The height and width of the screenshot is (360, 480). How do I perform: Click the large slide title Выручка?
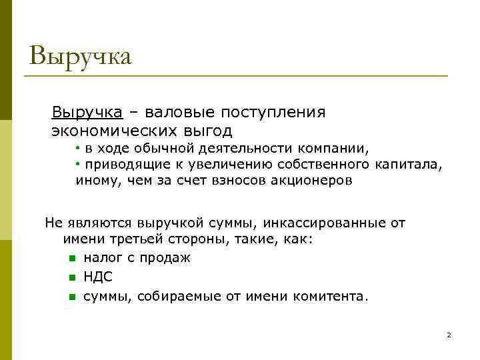(x=81, y=55)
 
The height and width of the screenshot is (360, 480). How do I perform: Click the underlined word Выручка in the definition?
(x=87, y=111)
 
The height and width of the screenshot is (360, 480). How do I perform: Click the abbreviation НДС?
(x=98, y=277)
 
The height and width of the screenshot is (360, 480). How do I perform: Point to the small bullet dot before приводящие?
(x=78, y=164)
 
